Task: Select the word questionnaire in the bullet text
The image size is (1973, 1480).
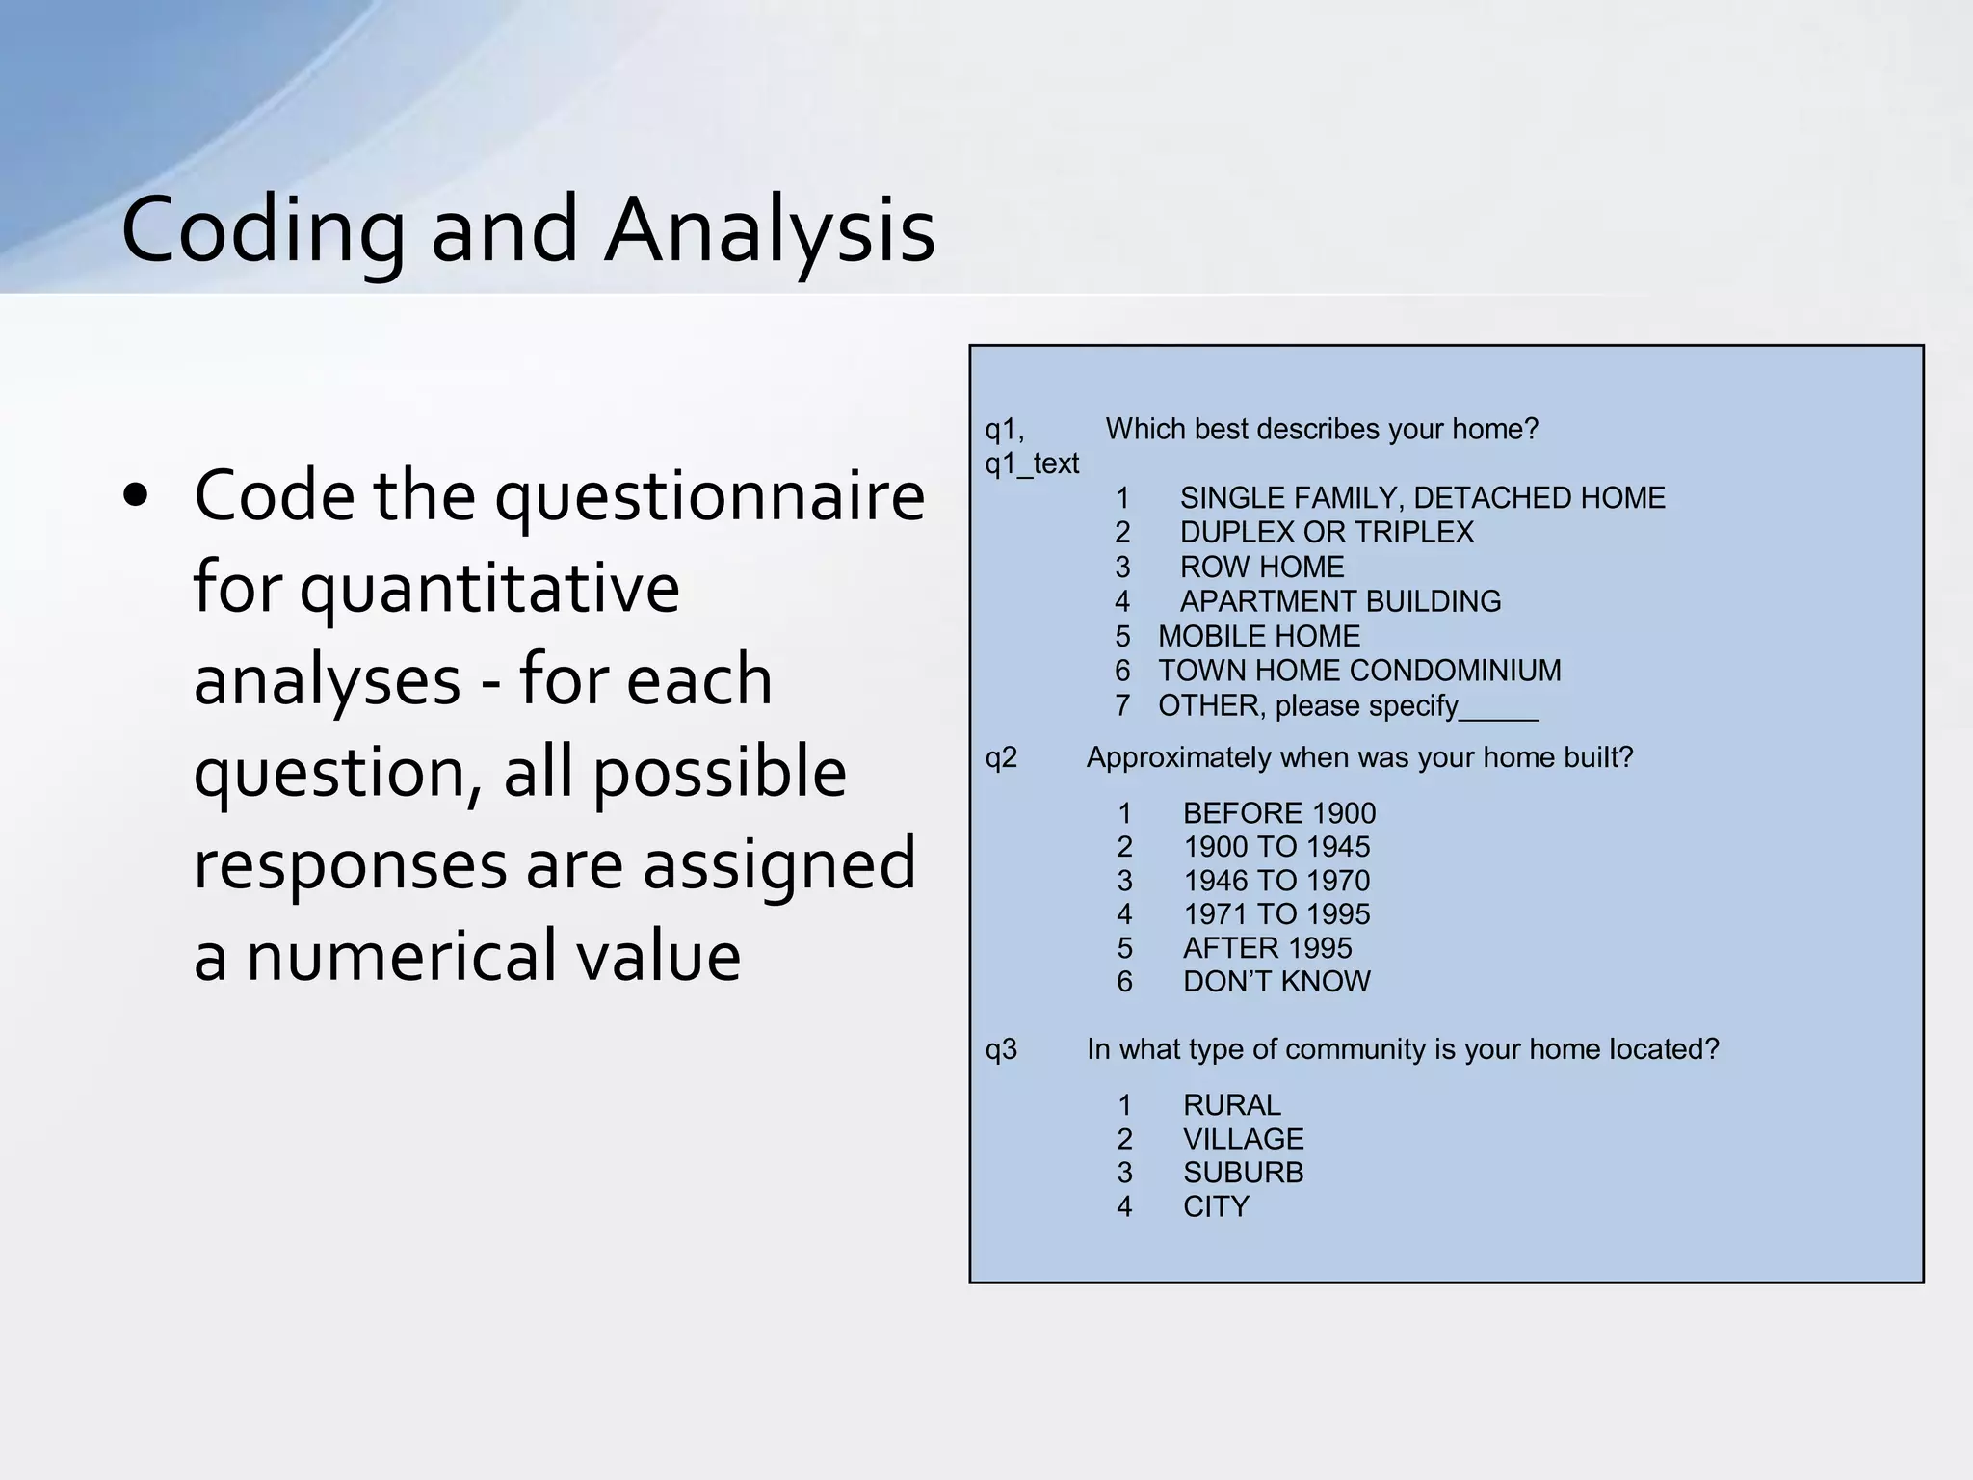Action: pos(710,496)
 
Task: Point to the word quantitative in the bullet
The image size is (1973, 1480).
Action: pos(489,588)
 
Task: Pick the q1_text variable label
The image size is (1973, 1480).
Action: pos(1032,464)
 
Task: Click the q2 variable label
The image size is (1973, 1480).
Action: pos(1001,758)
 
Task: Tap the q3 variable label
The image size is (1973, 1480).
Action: pos(1001,1049)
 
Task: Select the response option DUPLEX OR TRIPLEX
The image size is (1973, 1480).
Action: pos(1327,533)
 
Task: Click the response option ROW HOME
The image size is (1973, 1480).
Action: pos(1262,568)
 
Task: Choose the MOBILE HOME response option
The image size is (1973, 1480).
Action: pos(1259,637)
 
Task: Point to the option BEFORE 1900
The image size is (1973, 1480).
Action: pos(1279,813)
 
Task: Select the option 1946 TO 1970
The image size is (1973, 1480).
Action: pos(1276,881)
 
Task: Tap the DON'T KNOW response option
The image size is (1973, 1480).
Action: pos(1276,982)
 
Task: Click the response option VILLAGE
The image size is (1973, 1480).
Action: pos(1243,1140)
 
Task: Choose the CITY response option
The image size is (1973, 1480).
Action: pos(1216,1207)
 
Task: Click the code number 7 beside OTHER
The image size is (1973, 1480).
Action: pos(1122,706)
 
